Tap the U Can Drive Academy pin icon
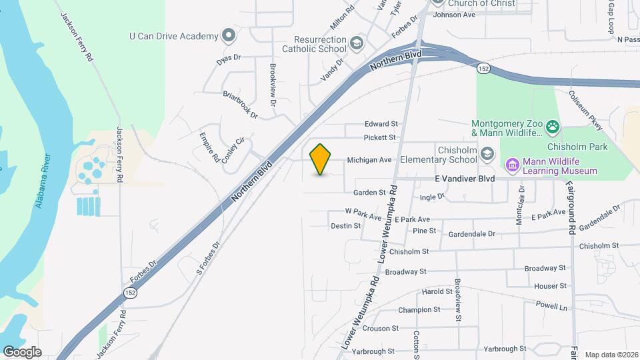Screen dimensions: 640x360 tap(229, 35)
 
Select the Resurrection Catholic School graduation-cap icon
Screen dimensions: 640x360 tap(357, 43)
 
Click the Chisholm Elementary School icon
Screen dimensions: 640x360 tap(488, 155)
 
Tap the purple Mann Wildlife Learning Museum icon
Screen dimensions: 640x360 tap(512, 164)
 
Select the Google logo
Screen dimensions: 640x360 tap(22, 351)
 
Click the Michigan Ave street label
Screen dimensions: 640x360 tap(367, 160)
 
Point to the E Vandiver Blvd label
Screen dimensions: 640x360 tap(465, 179)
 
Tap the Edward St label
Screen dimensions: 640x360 tap(381, 124)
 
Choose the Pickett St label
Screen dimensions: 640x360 tap(380, 137)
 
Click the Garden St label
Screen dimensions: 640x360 tap(369, 192)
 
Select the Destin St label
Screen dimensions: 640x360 tap(345, 226)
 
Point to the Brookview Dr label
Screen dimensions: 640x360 tap(273, 85)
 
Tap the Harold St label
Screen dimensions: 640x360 tap(437, 292)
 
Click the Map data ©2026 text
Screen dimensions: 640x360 tap(611, 354)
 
